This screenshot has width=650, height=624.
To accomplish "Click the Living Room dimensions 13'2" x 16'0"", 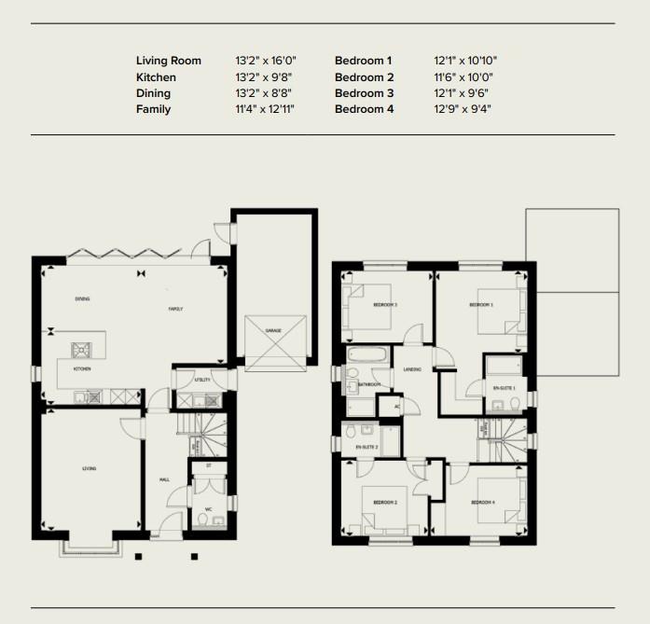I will point(265,61).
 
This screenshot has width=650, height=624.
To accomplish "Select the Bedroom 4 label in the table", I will point(364,109).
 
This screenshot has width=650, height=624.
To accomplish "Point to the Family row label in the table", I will point(153,109).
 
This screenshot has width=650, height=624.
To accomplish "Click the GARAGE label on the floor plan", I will point(273,330).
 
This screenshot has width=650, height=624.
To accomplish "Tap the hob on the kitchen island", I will point(81,350).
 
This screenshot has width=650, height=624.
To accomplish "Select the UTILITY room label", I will point(201,381).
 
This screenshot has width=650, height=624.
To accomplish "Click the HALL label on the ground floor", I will point(164,479).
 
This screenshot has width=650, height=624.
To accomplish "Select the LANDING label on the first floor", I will point(412,369).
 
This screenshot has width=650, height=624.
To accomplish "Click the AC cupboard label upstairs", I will point(396,406).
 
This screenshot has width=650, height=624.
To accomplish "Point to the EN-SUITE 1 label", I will point(504,387).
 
